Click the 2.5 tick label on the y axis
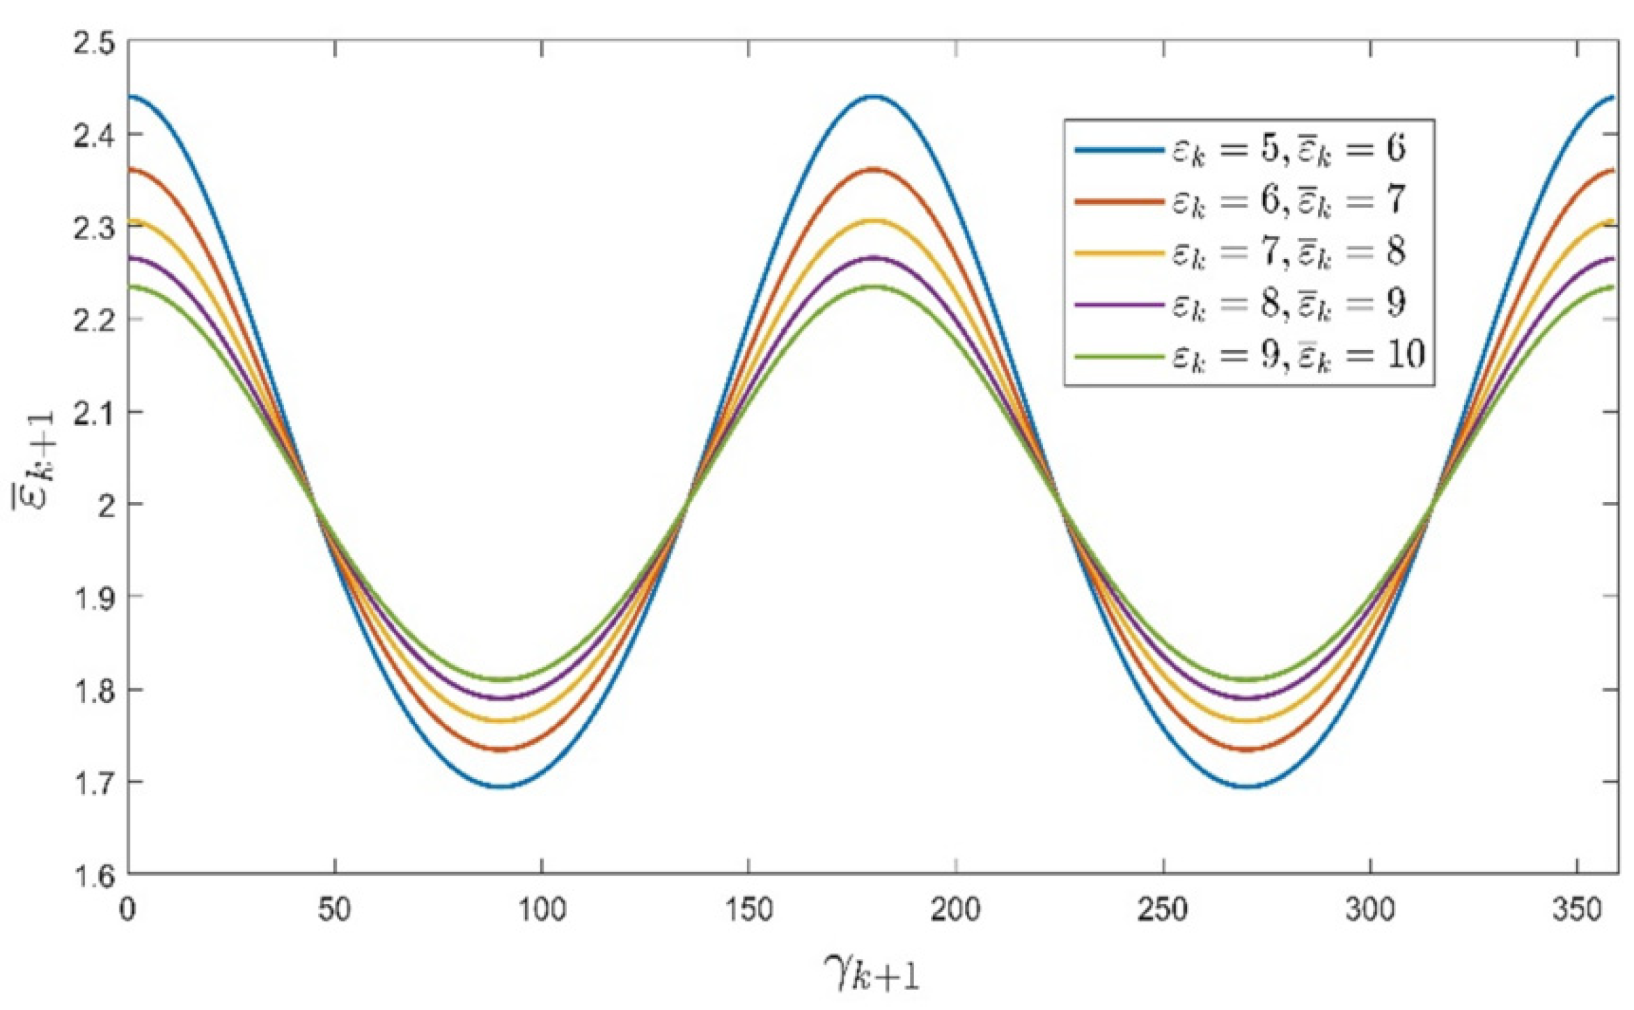93,43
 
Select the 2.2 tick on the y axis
93,319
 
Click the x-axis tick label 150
748,910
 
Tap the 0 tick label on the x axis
127,910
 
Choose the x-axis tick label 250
1163,910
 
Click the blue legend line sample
1118,150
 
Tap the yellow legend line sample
1118,253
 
